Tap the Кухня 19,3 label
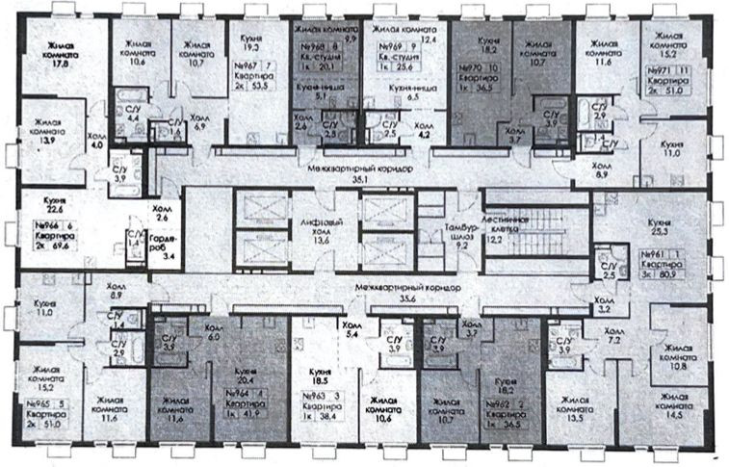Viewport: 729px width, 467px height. pos(254,41)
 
